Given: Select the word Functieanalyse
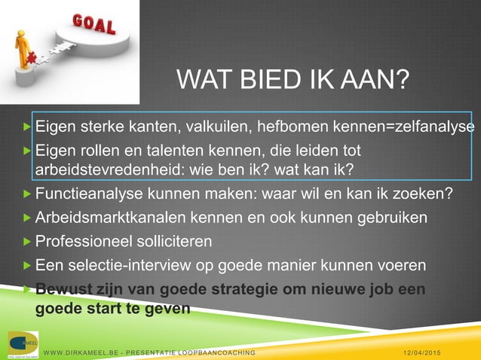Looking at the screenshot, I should [84, 195].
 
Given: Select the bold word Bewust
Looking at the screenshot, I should [61, 289].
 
